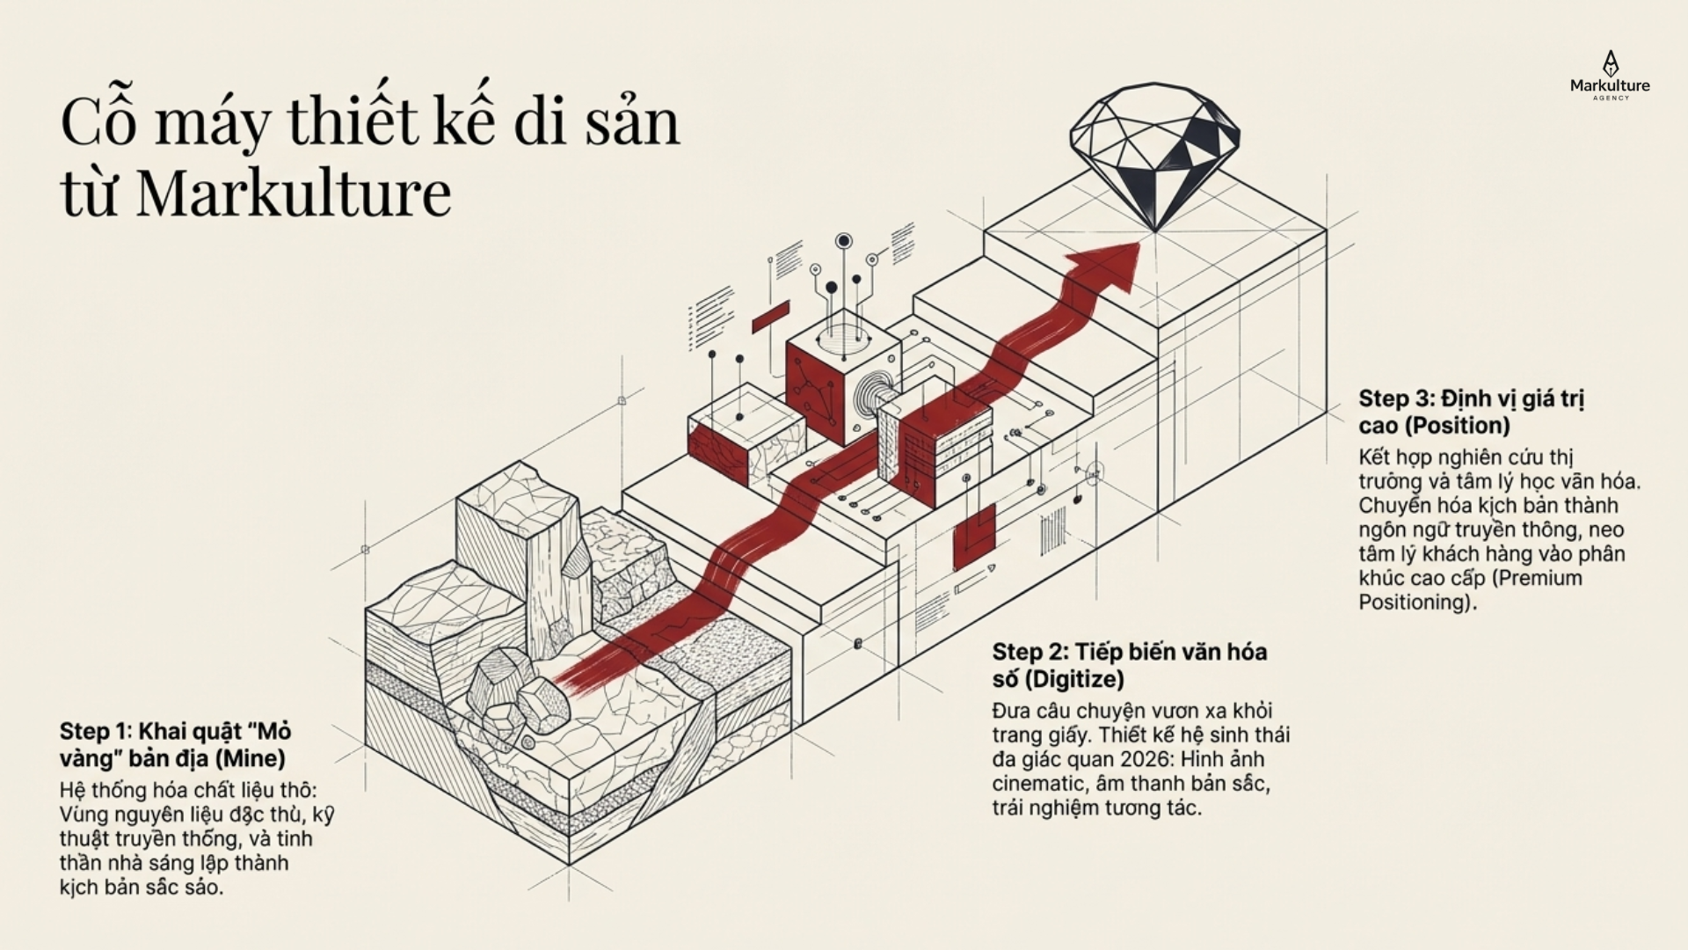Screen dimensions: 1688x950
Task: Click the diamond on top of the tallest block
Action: point(1154,157)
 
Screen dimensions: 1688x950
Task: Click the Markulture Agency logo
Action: point(1610,76)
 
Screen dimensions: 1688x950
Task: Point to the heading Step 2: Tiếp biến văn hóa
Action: point(1130,652)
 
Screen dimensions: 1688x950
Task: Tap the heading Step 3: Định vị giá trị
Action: point(1472,399)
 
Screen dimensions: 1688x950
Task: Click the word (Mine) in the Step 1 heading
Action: point(251,758)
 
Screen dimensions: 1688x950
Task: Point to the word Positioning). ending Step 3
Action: point(1418,603)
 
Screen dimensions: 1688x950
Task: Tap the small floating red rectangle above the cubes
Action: point(771,317)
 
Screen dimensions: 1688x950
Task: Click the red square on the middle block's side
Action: point(974,537)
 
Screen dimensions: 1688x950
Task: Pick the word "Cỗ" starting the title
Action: point(98,121)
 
